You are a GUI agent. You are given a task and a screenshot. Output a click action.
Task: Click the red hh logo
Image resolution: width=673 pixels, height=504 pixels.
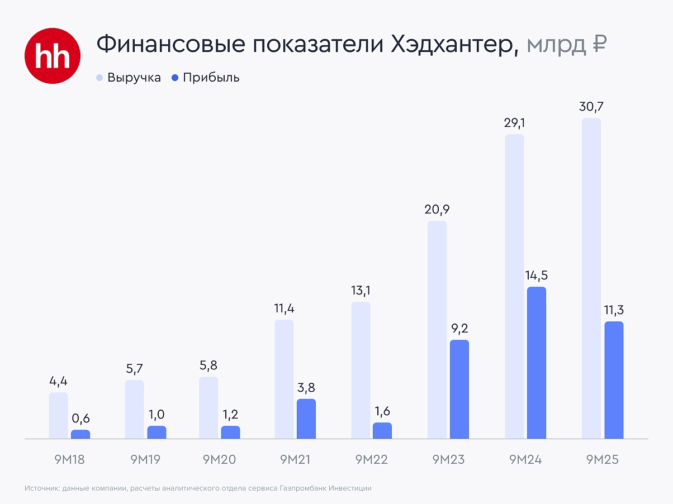point(53,55)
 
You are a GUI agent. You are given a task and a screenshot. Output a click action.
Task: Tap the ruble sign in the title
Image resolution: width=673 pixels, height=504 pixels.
point(598,44)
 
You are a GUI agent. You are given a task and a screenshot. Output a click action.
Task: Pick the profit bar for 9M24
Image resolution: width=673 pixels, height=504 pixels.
point(536,363)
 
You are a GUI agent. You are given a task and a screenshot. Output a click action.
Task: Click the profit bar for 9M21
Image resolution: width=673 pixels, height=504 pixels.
point(306,419)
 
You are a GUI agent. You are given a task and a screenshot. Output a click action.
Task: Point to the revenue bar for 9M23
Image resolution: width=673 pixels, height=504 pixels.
point(437,330)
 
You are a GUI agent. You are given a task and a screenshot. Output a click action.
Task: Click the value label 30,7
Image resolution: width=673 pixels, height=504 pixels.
point(591,106)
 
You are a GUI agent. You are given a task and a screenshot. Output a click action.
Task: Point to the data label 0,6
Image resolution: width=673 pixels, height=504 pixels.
point(80,418)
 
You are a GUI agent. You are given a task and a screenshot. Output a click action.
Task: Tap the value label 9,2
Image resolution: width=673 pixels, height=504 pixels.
point(459,328)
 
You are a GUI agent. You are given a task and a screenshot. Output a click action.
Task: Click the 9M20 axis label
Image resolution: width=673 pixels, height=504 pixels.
point(219,460)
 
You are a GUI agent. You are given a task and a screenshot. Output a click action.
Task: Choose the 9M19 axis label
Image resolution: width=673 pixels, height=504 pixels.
point(145,460)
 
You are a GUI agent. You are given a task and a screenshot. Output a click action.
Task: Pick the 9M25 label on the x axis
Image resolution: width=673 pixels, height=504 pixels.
point(603,460)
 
